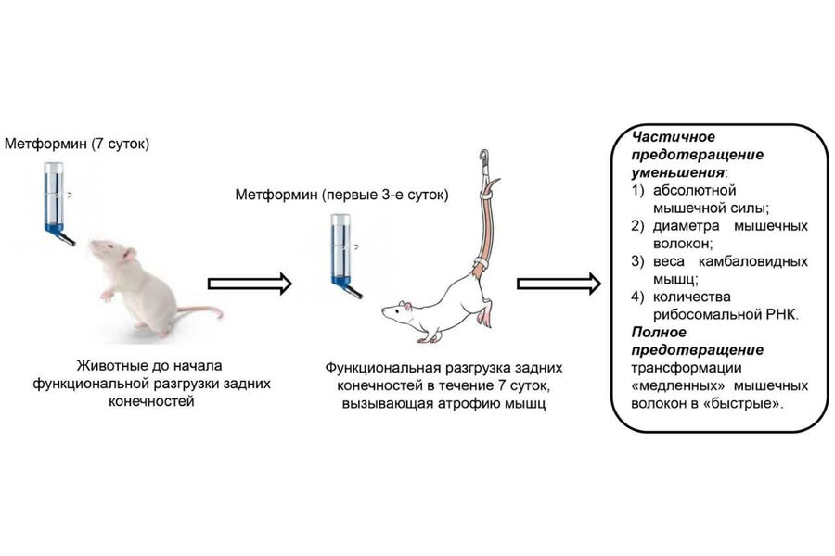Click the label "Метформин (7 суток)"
point(76,145)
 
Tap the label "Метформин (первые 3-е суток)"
point(340,196)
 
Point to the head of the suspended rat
point(405,314)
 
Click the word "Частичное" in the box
point(666,136)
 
